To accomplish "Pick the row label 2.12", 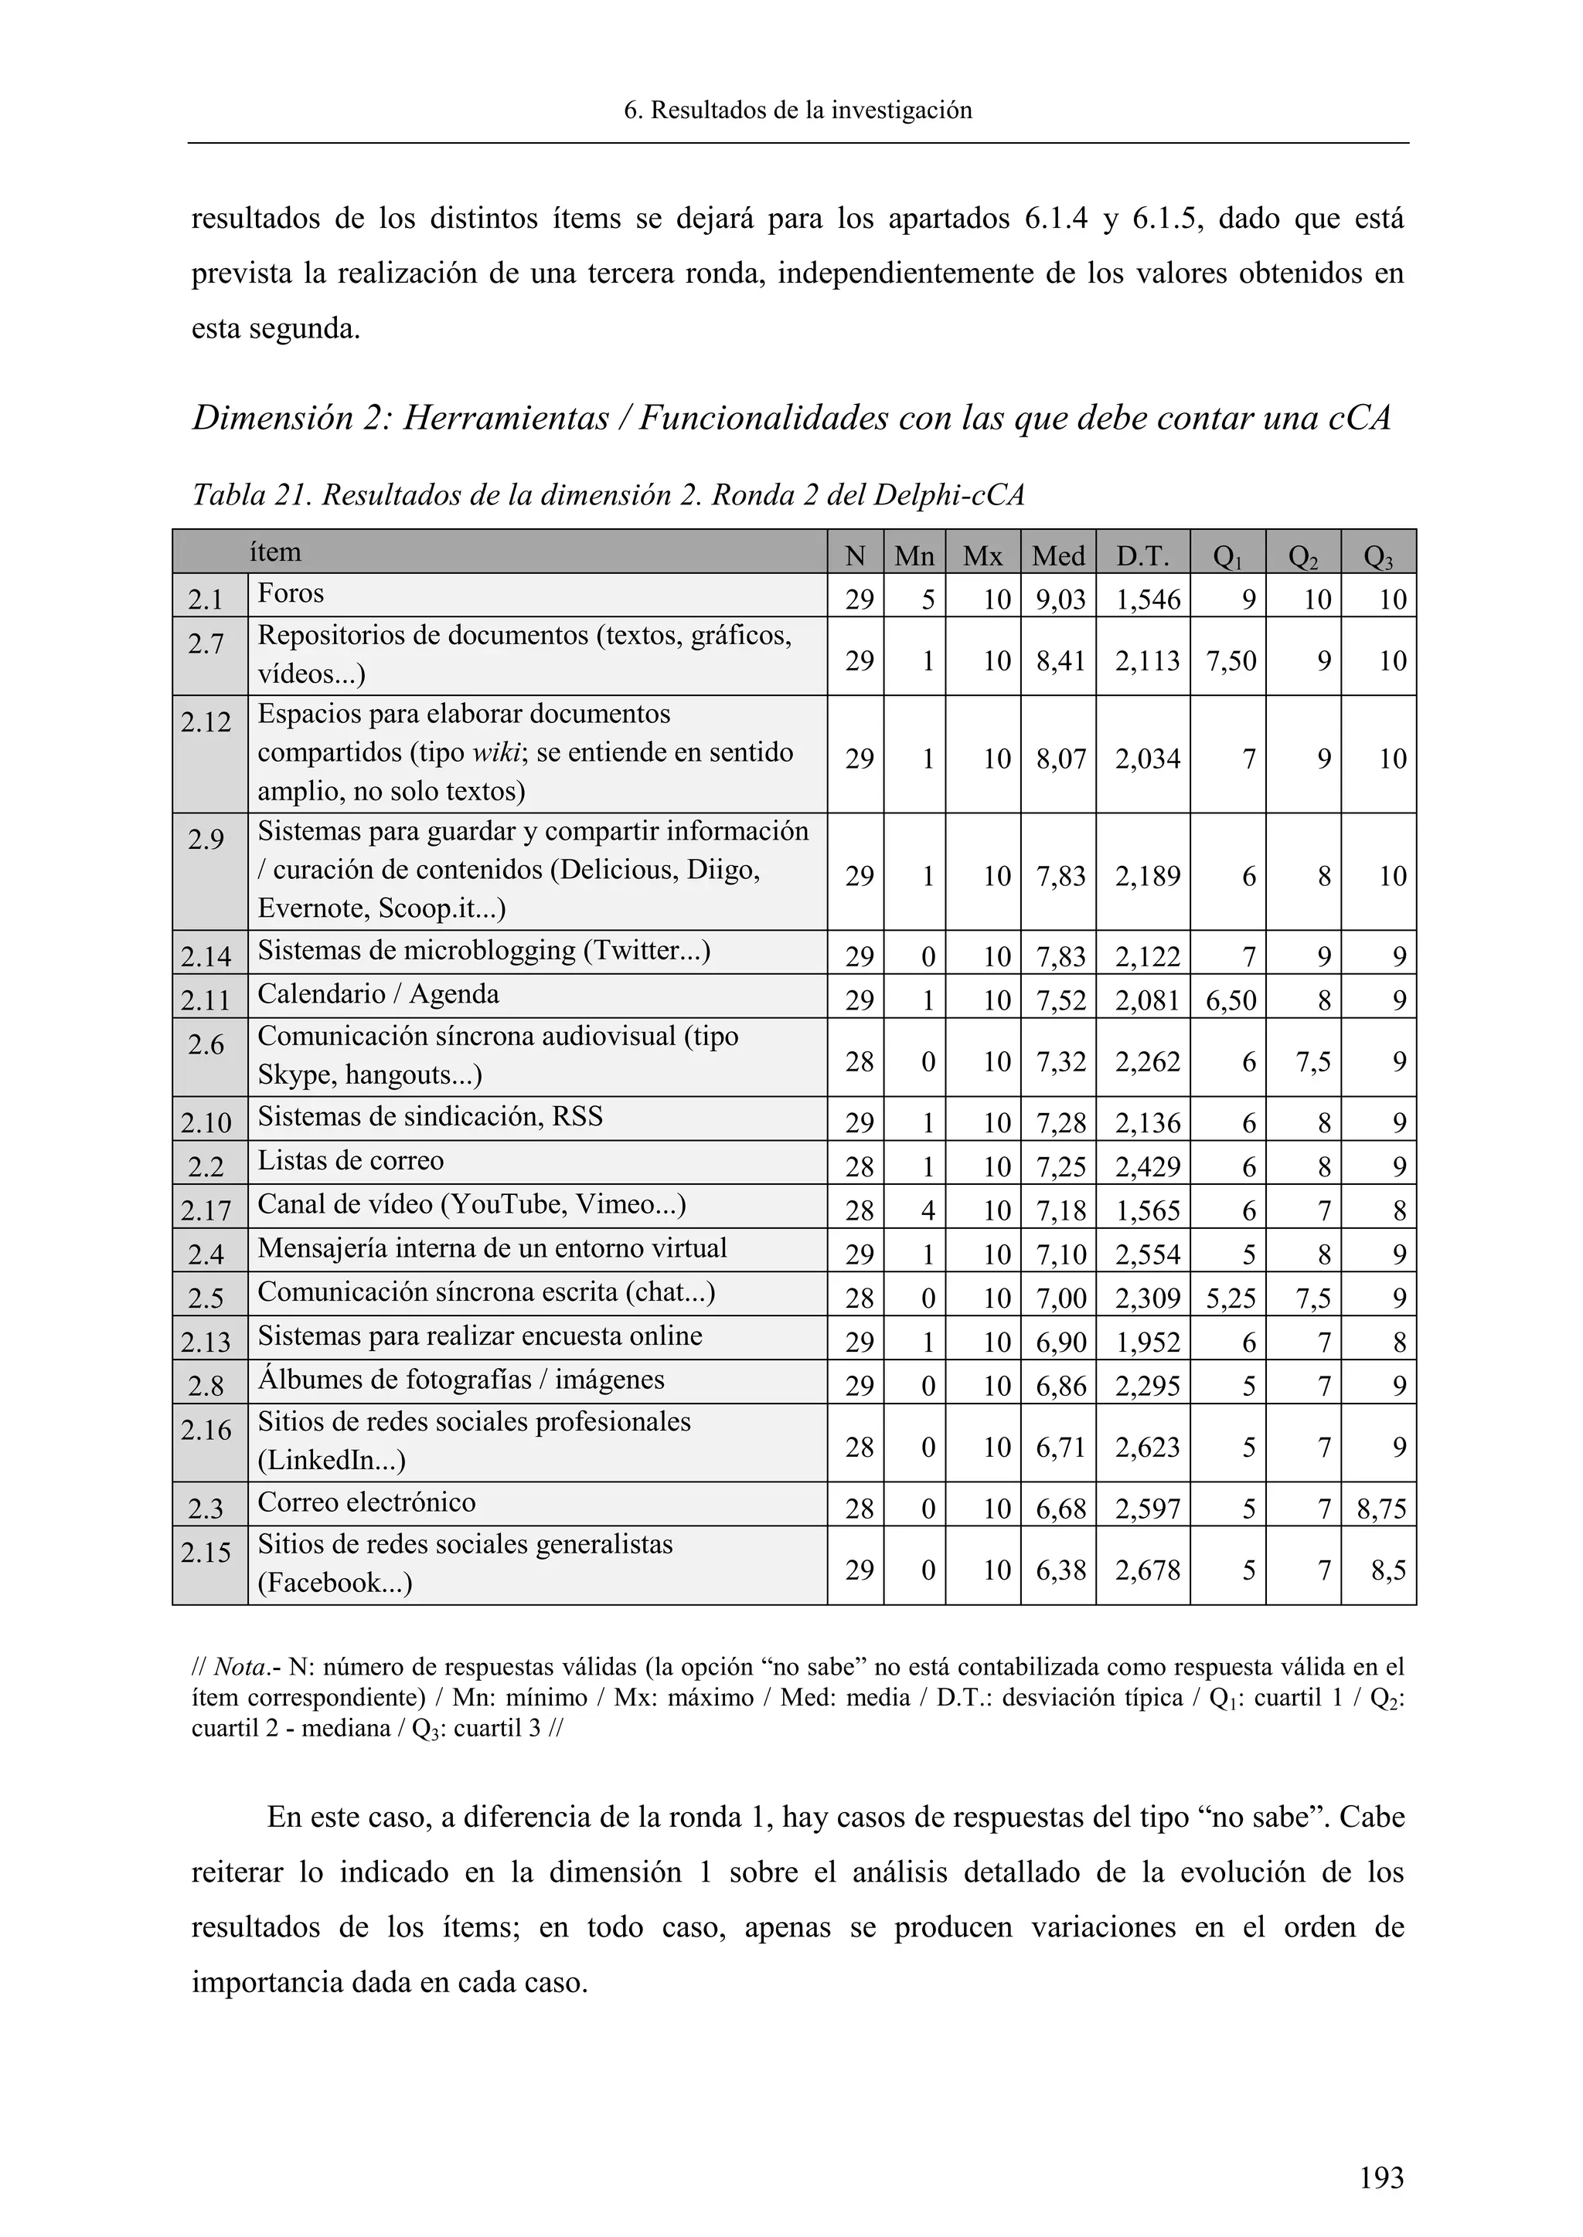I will click(206, 722).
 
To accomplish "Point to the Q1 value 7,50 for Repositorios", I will click(1229, 660).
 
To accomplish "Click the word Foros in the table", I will click(291, 593).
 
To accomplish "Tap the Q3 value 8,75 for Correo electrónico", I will click(1380, 1509).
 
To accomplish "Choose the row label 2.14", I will click(206, 957).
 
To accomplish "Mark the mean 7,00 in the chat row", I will click(1060, 1298).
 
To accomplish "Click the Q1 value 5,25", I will click(1229, 1298).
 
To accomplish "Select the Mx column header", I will click(982, 555).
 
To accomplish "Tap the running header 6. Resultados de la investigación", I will click(798, 110).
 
